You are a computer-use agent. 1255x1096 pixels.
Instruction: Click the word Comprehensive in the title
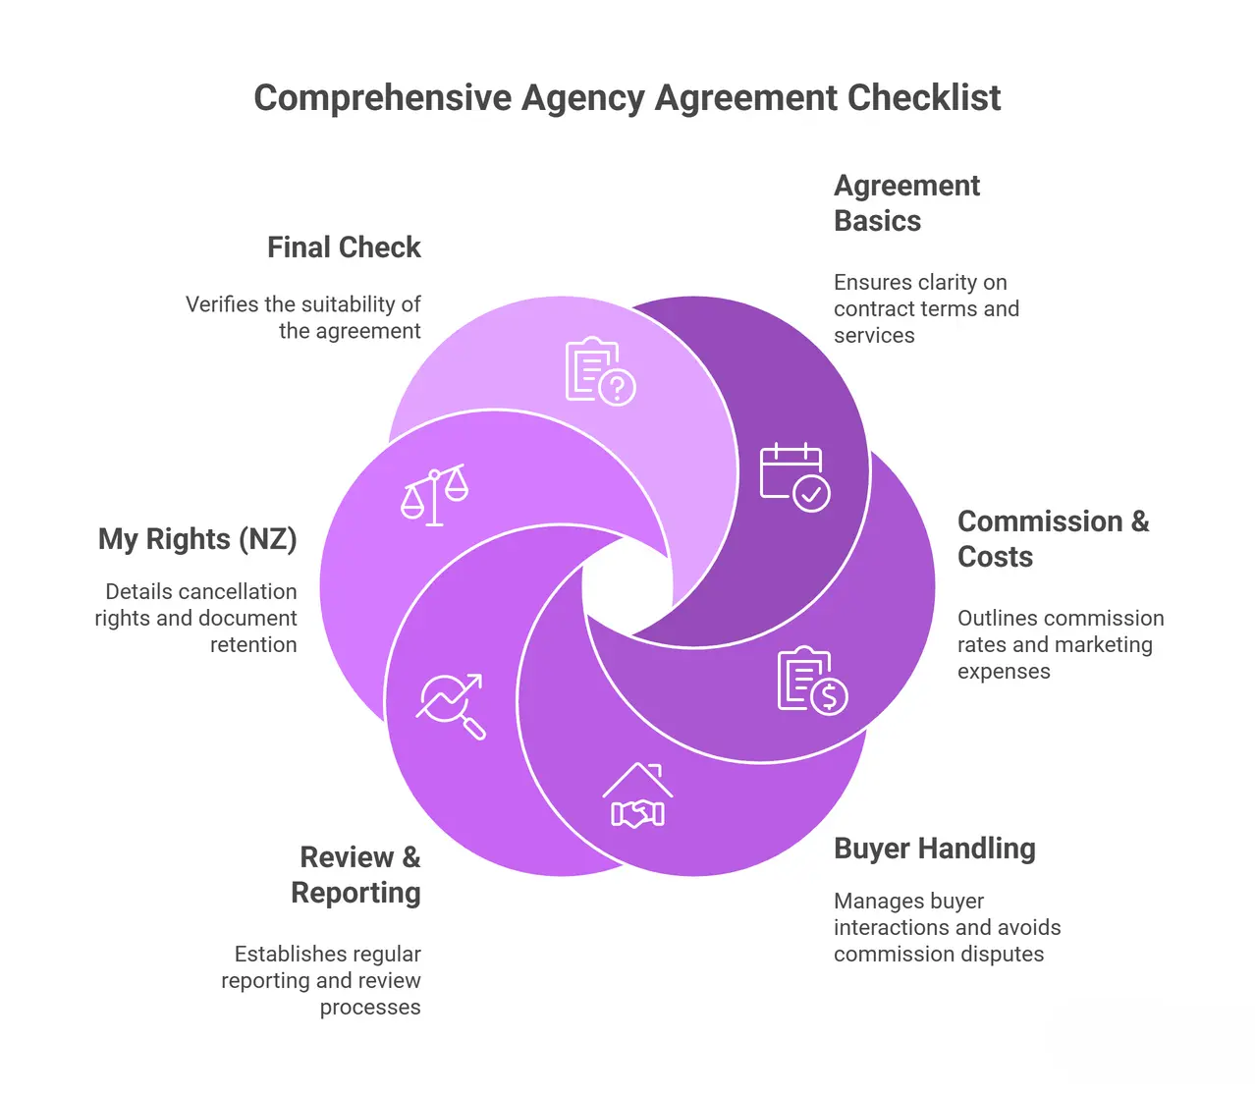click(383, 98)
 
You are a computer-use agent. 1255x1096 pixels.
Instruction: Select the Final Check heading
click(344, 247)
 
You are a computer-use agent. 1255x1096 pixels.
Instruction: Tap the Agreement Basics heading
click(905, 203)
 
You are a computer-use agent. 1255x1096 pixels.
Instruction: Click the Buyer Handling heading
click(934, 849)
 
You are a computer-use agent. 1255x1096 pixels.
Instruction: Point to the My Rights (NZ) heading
click(197, 539)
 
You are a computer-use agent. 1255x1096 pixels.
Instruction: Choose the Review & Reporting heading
click(357, 875)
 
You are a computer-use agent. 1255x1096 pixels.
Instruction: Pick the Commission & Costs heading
click(1052, 539)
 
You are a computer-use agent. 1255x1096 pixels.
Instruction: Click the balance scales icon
click(434, 495)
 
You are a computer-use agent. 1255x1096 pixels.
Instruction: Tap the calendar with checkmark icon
click(794, 477)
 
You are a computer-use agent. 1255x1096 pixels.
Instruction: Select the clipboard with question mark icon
click(600, 371)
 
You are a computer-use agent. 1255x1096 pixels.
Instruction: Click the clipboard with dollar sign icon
click(812, 681)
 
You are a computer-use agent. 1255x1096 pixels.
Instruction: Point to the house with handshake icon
click(638, 795)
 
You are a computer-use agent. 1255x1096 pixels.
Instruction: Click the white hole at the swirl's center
click(627, 587)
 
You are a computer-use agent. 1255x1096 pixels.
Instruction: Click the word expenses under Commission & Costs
click(1004, 672)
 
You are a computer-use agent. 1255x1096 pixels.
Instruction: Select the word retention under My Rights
click(253, 645)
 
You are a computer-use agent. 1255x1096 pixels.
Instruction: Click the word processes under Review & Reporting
click(370, 1008)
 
